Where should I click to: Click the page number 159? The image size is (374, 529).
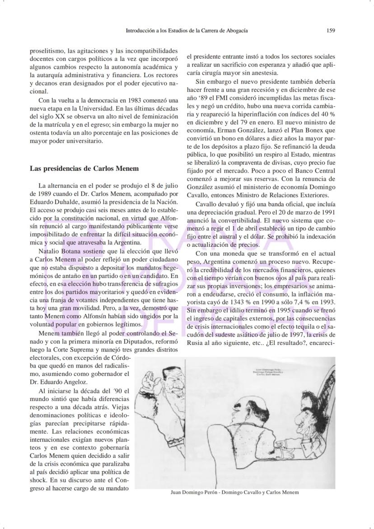pyautogui.click(x=331, y=31)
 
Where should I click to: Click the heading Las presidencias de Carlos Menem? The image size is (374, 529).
pyautogui.click(x=84, y=168)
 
